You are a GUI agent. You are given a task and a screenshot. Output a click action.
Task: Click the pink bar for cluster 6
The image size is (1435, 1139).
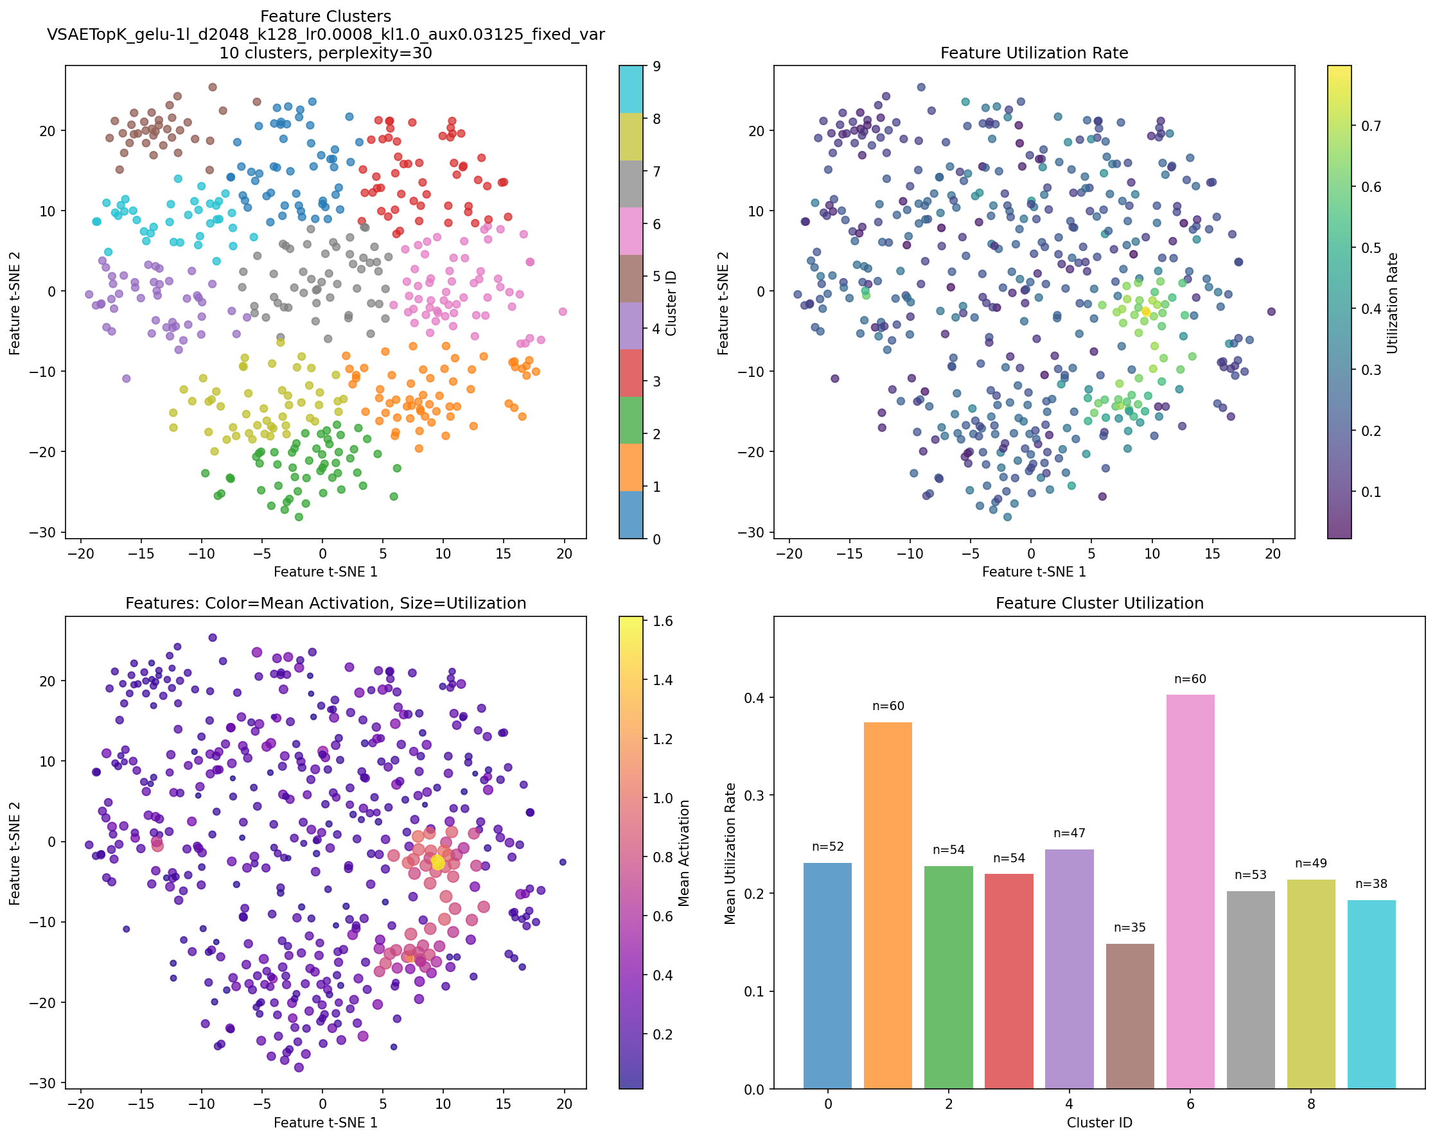pyautogui.click(x=1190, y=892)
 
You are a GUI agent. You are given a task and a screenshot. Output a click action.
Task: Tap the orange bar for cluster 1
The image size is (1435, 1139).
pyautogui.click(x=888, y=905)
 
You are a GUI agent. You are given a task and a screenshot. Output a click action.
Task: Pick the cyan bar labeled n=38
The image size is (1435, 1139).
pyautogui.click(x=1371, y=994)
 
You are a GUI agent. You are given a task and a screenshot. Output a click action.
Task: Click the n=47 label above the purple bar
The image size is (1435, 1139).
pyautogui.click(x=1069, y=833)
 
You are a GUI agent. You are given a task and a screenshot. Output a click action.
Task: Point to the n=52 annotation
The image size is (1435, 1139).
pyautogui.click(x=827, y=847)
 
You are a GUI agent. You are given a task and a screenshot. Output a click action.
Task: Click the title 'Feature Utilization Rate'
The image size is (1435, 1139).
pyautogui.click(x=1034, y=53)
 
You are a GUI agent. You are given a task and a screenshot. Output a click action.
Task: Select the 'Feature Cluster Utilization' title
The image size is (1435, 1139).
pyautogui.click(x=1100, y=604)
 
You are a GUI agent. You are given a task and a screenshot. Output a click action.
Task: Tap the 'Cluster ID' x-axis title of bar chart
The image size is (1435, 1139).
pyautogui.click(x=1100, y=1123)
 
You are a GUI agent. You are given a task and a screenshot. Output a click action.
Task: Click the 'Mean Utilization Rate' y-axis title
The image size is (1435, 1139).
pyautogui.click(x=730, y=853)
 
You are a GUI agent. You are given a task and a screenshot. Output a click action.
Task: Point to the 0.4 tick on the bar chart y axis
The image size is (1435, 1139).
pyautogui.click(x=757, y=697)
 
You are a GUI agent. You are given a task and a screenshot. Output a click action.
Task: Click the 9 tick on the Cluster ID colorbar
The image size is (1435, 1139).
pyautogui.click(x=656, y=67)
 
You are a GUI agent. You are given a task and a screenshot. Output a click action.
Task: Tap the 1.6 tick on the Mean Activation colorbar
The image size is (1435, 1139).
pyautogui.click(x=664, y=622)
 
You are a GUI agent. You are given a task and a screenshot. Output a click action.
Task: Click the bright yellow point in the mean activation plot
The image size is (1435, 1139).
pyautogui.click(x=437, y=862)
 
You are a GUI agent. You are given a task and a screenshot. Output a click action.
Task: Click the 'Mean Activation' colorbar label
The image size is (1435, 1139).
pyautogui.click(x=684, y=853)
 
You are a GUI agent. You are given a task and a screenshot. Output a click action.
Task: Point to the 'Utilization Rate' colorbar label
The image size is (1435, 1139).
pyautogui.click(x=1393, y=302)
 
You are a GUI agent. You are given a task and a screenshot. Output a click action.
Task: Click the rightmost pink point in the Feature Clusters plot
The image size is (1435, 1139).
pyautogui.click(x=563, y=311)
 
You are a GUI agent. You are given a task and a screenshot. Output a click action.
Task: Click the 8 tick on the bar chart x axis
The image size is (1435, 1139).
pyautogui.click(x=1310, y=1104)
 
